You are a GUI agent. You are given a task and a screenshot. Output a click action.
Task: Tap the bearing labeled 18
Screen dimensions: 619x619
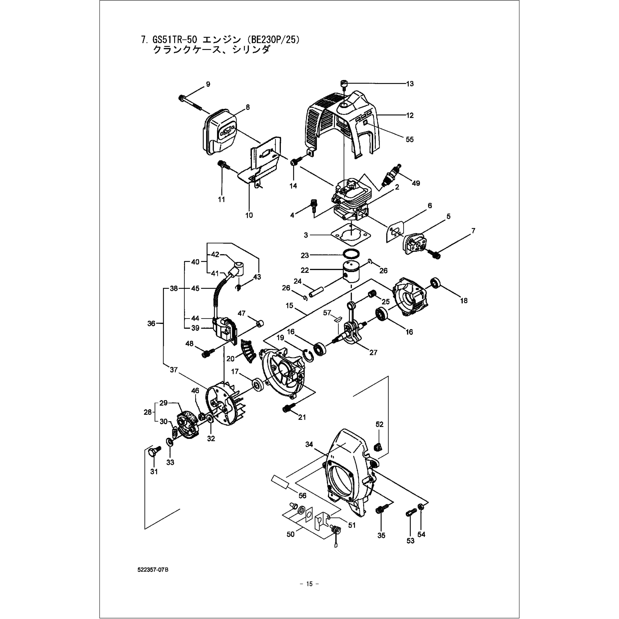point(436,283)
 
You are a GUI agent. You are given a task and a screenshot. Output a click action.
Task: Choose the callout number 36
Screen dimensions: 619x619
point(151,324)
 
